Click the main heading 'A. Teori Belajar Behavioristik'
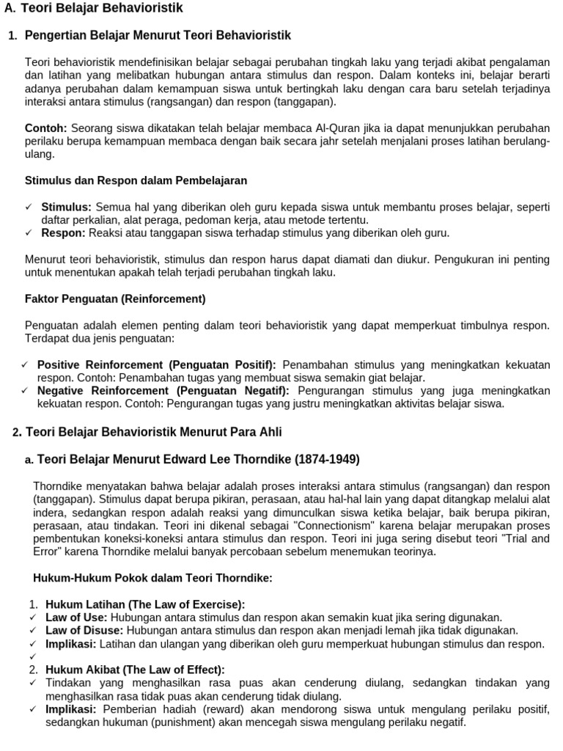[93, 9]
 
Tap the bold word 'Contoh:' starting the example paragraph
[45, 128]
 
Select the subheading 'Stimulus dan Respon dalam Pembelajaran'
[136, 180]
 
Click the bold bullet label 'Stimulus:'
[66, 207]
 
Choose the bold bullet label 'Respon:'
[63, 233]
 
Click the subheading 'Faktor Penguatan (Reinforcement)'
[115, 299]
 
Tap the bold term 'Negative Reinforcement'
[103, 391]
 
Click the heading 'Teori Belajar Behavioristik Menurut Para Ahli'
[153, 432]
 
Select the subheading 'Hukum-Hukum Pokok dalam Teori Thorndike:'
[152, 578]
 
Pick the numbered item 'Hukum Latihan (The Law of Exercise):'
[145, 604]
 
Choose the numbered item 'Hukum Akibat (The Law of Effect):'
[135, 670]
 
